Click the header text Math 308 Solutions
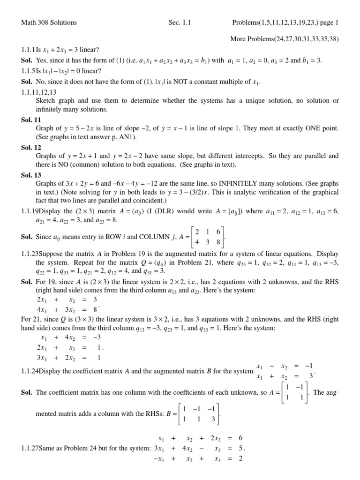coord(49,22)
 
